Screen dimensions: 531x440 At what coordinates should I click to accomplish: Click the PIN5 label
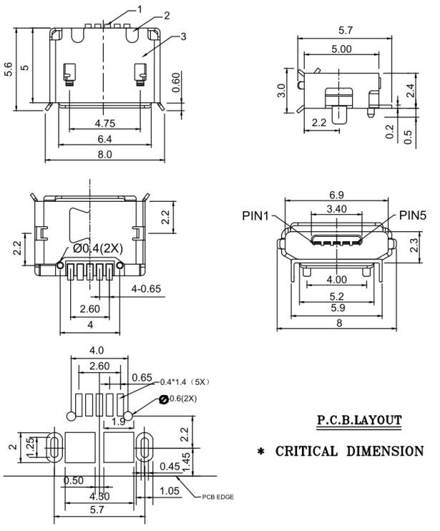[413, 215]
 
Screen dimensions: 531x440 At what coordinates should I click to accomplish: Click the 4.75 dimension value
[104, 123]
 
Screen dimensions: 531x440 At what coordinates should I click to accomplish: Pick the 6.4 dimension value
[104, 138]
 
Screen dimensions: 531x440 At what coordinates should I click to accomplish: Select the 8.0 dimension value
[104, 154]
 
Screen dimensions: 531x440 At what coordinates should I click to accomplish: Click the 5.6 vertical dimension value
[9, 69]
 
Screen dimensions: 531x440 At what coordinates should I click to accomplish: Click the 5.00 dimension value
[342, 49]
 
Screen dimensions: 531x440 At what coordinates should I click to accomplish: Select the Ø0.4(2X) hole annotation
[99, 248]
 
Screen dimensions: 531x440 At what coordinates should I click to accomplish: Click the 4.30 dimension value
[100, 496]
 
